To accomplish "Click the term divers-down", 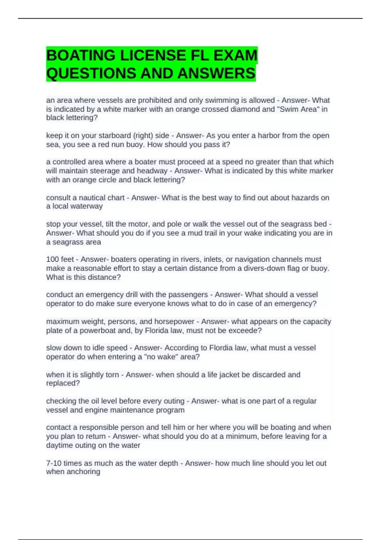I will pos(263,268).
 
